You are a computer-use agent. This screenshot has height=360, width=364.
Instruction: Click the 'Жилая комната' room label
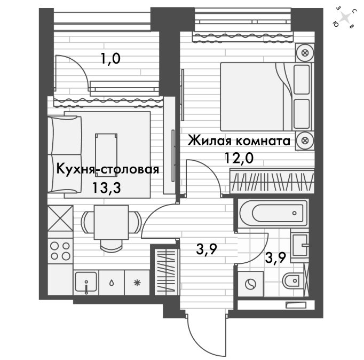click(x=239, y=141)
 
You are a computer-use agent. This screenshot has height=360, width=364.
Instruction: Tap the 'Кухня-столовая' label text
click(x=108, y=169)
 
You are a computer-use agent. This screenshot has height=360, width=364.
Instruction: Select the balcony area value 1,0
click(x=110, y=58)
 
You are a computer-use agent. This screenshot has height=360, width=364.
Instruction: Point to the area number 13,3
click(x=107, y=187)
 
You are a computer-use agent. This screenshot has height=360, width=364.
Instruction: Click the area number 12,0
click(x=239, y=159)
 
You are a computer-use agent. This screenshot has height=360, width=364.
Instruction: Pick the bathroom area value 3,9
click(x=275, y=258)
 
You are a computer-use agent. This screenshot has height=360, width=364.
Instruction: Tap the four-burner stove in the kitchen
click(x=60, y=251)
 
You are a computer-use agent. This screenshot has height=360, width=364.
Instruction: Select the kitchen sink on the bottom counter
click(x=86, y=283)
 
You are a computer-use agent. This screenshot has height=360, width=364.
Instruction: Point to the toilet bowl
click(x=293, y=280)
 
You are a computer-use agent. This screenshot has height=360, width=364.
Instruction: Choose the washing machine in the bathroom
click(x=251, y=284)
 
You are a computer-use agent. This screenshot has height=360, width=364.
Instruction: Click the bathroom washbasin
click(x=300, y=245)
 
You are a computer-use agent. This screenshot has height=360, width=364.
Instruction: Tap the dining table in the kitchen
click(x=111, y=222)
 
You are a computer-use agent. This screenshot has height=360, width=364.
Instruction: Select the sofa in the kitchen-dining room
click(x=65, y=154)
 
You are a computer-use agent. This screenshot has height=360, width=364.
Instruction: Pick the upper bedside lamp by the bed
click(x=305, y=53)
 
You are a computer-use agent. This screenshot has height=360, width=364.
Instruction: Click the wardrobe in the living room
click(x=272, y=181)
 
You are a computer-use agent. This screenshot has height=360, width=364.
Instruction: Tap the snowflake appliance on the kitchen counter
click(x=137, y=283)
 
